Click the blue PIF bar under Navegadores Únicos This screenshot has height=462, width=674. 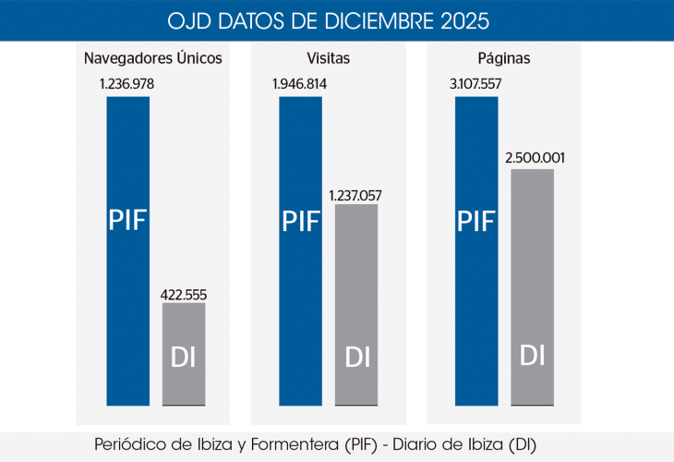pyautogui.click(x=127, y=250)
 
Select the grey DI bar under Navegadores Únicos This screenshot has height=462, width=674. pyautogui.click(x=184, y=354)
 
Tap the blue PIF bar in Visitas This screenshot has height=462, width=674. pyautogui.click(x=300, y=250)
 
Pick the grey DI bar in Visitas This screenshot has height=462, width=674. pyautogui.click(x=356, y=305)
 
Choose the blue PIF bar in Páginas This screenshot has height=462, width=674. pyautogui.click(x=476, y=250)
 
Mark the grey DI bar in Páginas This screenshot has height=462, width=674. pyautogui.click(x=532, y=286)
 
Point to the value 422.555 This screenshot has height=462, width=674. pyautogui.click(x=184, y=295)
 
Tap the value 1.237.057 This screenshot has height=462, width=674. pyautogui.click(x=356, y=195)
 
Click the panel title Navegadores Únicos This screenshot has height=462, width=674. pyautogui.click(x=153, y=58)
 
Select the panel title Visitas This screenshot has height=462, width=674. pyautogui.click(x=329, y=58)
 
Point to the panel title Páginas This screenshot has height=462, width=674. pyautogui.click(x=504, y=58)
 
